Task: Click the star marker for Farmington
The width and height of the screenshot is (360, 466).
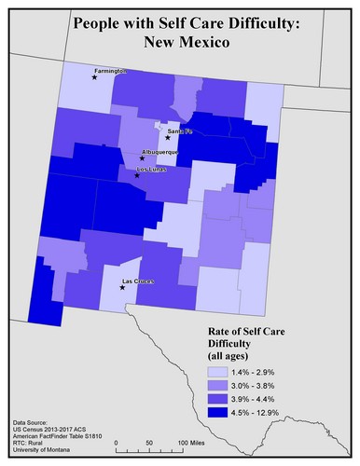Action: tap(94, 78)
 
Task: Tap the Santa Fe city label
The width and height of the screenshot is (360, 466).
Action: tap(177, 131)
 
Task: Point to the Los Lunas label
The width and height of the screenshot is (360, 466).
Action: tap(150, 169)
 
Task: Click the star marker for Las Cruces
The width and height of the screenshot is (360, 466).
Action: tap(122, 287)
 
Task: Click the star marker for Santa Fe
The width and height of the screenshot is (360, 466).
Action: tap(168, 138)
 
